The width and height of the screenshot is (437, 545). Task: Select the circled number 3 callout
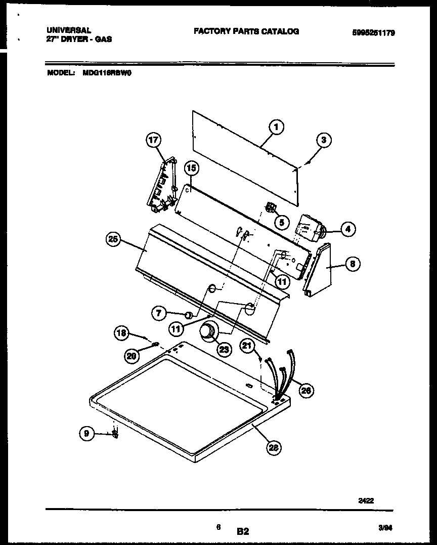coord(324,141)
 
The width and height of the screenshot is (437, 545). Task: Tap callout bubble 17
coord(153,140)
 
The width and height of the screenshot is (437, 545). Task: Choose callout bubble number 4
coord(347,229)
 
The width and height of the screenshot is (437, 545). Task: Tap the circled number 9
coord(86,433)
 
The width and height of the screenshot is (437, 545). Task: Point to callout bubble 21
coord(246,346)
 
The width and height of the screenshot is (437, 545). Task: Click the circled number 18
coord(120,332)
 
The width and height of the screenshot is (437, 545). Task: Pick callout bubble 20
coord(132,356)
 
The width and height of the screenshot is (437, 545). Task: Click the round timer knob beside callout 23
coord(207,332)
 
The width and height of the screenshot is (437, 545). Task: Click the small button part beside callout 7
coord(188,315)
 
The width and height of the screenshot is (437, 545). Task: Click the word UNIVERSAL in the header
coord(68,30)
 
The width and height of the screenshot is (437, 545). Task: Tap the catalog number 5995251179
coord(373,33)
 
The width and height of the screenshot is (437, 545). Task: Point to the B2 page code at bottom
coord(243,531)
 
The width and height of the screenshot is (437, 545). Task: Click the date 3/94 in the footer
coord(385,527)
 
